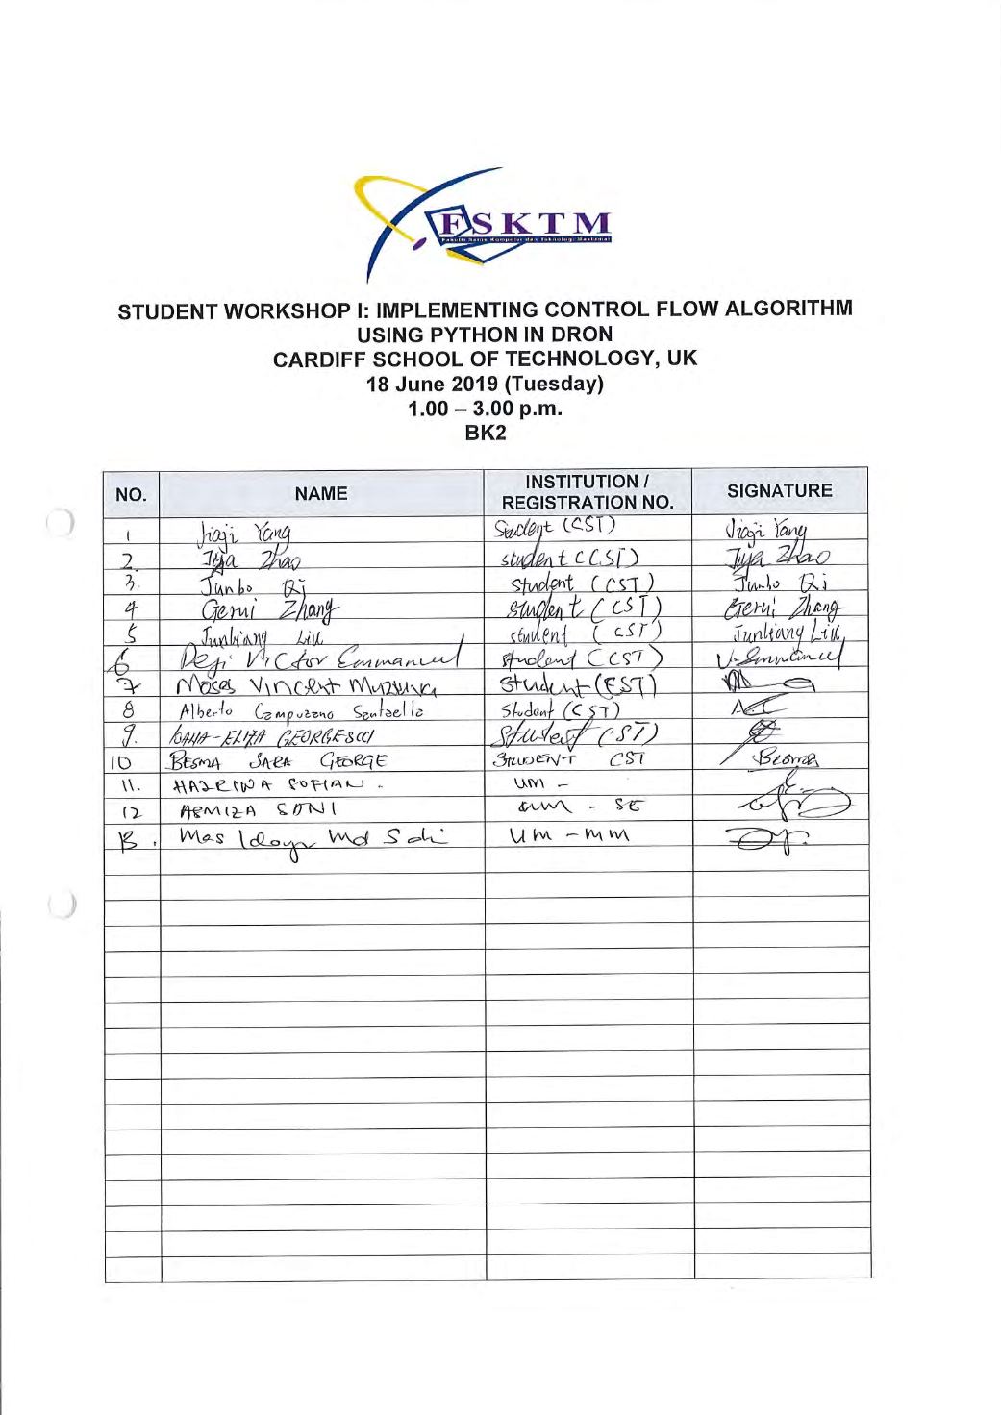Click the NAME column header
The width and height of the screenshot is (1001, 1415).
[x=321, y=494]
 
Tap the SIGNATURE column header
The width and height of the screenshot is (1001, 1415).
[x=780, y=491]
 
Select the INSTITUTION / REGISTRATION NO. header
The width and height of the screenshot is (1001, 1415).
[x=588, y=492]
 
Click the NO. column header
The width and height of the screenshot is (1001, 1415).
[x=131, y=496]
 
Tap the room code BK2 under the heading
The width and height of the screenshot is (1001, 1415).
[x=486, y=433]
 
